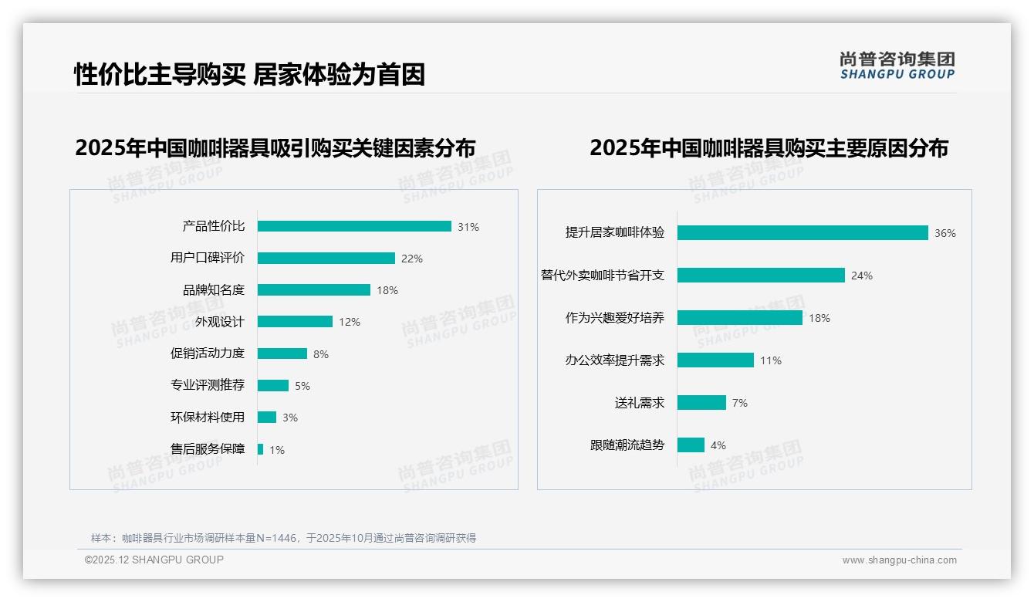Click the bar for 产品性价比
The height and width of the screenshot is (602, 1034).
coord(354,226)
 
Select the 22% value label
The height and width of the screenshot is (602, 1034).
coord(412,259)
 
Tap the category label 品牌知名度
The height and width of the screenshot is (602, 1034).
coord(214,290)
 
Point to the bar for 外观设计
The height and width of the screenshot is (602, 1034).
coord(295,322)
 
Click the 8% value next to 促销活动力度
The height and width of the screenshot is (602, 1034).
coord(321,354)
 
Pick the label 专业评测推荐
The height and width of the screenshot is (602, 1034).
coord(208,385)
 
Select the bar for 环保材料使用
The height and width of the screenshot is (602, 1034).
coord(267,418)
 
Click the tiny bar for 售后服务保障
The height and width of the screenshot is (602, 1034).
coord(261,449)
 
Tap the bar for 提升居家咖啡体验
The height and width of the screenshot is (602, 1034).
coord(803,232)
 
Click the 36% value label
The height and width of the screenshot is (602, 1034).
coord(944,233)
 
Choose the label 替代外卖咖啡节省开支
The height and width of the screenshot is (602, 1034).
coord(603,276)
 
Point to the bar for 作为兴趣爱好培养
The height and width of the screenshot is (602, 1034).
coord(740,317)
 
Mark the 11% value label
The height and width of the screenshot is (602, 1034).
coord(771,360)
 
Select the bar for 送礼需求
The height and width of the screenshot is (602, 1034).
coord(701,402)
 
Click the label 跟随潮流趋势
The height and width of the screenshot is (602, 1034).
coord(627,445)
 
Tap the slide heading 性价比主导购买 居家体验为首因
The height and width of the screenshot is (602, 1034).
coord(249,74)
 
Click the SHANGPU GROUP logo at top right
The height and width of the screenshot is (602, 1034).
coord(897,66)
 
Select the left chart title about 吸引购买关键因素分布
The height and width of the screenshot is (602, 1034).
coord(275,147)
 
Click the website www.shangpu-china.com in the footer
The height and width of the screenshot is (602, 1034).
coord(899,560)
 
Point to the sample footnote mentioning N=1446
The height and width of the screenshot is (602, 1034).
coord(284,538)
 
